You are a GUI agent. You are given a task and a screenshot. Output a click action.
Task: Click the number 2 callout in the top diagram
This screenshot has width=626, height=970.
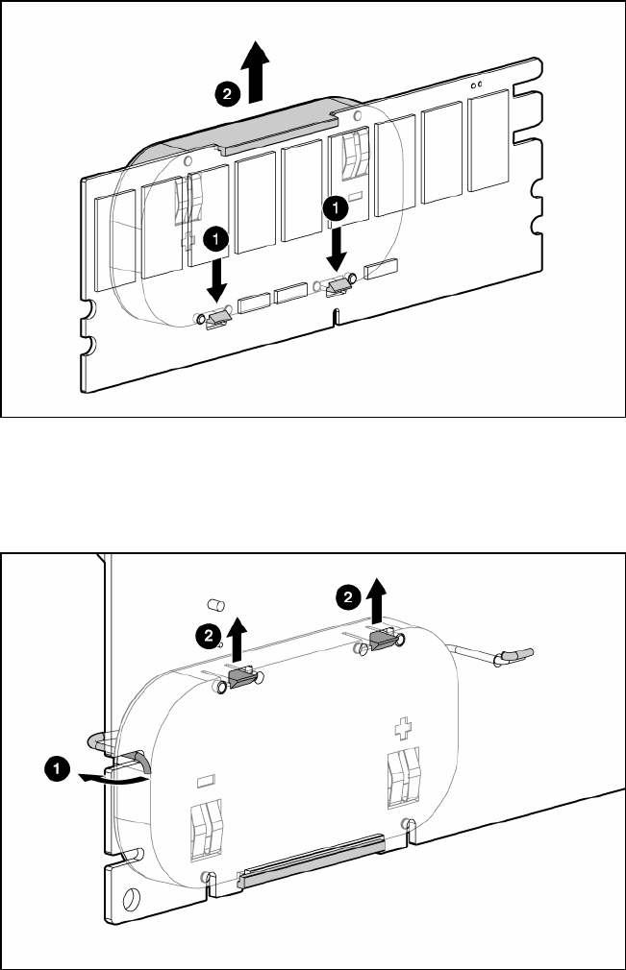tap(227, 94)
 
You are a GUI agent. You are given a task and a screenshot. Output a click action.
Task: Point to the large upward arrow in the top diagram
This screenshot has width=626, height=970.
tap(256, 70)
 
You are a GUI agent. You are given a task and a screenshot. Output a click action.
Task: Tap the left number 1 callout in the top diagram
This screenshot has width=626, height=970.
tap(215, 239)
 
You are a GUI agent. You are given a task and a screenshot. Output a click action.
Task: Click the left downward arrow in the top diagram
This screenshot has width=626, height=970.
tap(216, 279)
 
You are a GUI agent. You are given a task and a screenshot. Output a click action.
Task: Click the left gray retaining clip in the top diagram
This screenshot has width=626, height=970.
tap(219, 319)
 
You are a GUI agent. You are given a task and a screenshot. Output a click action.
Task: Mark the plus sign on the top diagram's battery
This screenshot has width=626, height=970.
tap(187, 240)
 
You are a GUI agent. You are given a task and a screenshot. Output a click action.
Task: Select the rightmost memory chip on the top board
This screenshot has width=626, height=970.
tap(488, 140)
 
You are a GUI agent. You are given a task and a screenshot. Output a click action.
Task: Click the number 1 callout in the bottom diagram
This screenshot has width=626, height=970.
tap(57, 769)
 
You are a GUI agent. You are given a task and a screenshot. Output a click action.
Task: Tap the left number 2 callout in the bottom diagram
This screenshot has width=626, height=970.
tap(208, 636)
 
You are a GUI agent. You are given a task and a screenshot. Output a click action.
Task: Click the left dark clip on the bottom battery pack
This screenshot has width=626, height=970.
tap(241, 679)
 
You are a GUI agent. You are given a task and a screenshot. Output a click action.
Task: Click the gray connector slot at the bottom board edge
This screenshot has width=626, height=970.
tap(312, 859)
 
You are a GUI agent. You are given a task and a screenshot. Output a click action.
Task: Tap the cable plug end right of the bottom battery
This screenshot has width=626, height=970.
tap(517, 655)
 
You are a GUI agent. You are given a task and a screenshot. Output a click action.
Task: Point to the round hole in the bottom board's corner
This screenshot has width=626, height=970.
tap(131, 898)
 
